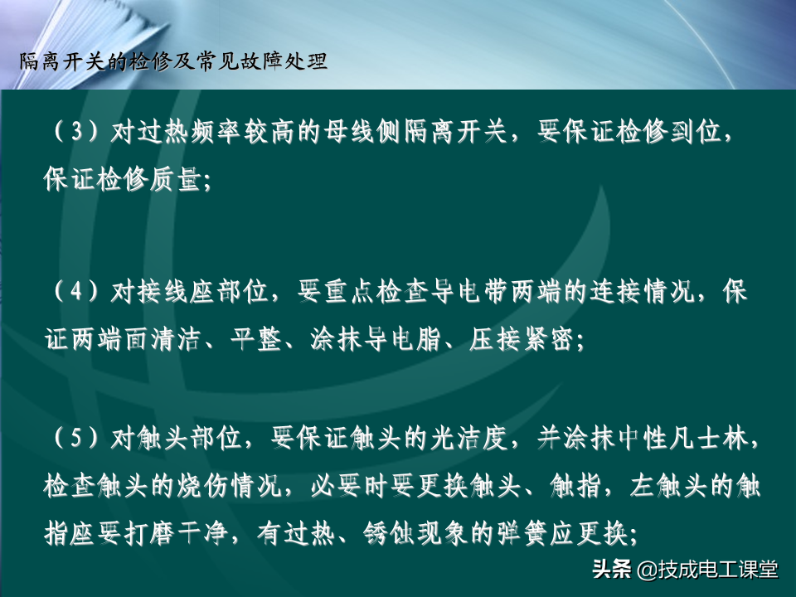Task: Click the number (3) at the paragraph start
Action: tap(75, 132)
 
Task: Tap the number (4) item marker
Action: tap(75, 292)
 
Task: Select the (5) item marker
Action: tap(75, 438)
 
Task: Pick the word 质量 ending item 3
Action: tap(175, 180)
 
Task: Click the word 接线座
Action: tap(177, 292)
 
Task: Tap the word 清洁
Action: tap(176, 339)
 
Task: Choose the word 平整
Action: tap(256, 339)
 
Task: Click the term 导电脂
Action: tap(388, 339)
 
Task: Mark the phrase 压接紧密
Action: tap(521, 339)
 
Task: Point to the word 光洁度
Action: tap(469, 438)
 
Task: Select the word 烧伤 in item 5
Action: tap(203, 486)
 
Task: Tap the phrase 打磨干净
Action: tap(176, 533)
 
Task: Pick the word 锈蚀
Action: tap(388, 533)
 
